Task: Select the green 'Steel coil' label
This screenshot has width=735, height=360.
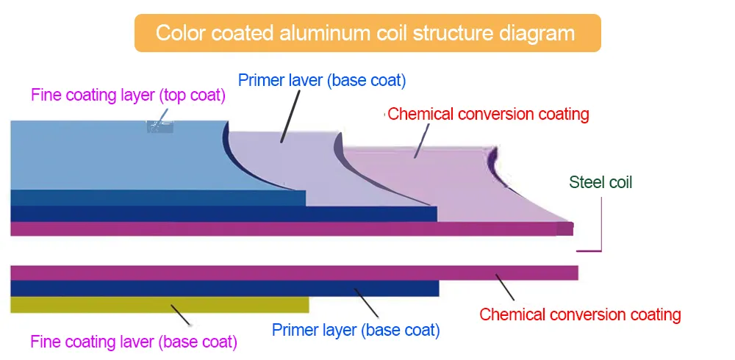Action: (x=600, y=182)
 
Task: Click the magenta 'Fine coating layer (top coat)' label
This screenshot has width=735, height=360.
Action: (x=128, y=96)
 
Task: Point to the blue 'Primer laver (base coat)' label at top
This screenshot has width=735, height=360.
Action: (x=322, y=79)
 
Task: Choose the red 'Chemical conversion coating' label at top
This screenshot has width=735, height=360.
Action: (x=488, y=114)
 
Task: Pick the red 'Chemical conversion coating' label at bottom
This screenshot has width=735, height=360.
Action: (x=580, y=314)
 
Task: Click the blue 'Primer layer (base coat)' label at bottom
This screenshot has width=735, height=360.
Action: (x=356, y=330)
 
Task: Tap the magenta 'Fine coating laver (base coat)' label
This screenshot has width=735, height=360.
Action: (x=134, y=342)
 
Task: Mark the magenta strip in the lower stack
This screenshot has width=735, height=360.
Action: (x=294, y=273)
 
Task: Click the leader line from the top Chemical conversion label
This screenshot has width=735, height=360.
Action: (x=421, y=140)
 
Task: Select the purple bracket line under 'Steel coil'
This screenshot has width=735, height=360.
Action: (x=600, y=228)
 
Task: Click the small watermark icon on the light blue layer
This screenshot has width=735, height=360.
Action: (x=159, y=126)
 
